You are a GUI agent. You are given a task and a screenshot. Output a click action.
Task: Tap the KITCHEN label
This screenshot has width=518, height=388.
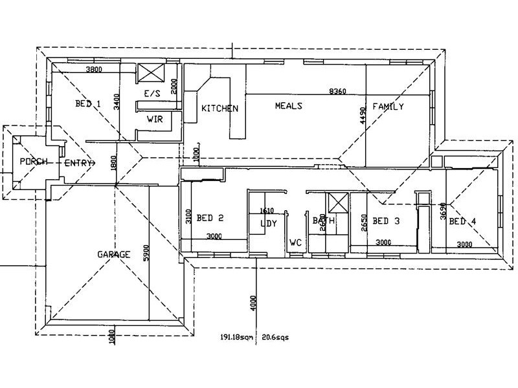(x=220, y=109)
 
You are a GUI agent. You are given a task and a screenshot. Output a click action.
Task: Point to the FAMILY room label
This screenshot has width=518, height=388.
(x=388, y=107)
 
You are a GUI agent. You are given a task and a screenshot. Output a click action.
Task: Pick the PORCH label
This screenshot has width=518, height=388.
(x=32, y=161)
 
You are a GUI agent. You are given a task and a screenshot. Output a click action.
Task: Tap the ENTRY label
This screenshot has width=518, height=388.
(x=80, y=163)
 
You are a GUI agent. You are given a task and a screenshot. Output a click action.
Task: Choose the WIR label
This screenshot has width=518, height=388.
(x=154, y=119)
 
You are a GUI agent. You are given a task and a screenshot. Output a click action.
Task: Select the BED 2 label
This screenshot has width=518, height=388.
(x=210, y=219)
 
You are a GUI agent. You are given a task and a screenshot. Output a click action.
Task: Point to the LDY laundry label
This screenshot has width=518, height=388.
(x=268, y=224)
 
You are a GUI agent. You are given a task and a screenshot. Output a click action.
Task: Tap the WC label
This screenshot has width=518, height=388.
(x=296, y=243)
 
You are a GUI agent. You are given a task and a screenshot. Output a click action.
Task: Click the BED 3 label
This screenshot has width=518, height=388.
(x=386, y=221)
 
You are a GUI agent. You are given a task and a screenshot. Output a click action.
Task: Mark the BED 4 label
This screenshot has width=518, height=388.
(x=462, y=222)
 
